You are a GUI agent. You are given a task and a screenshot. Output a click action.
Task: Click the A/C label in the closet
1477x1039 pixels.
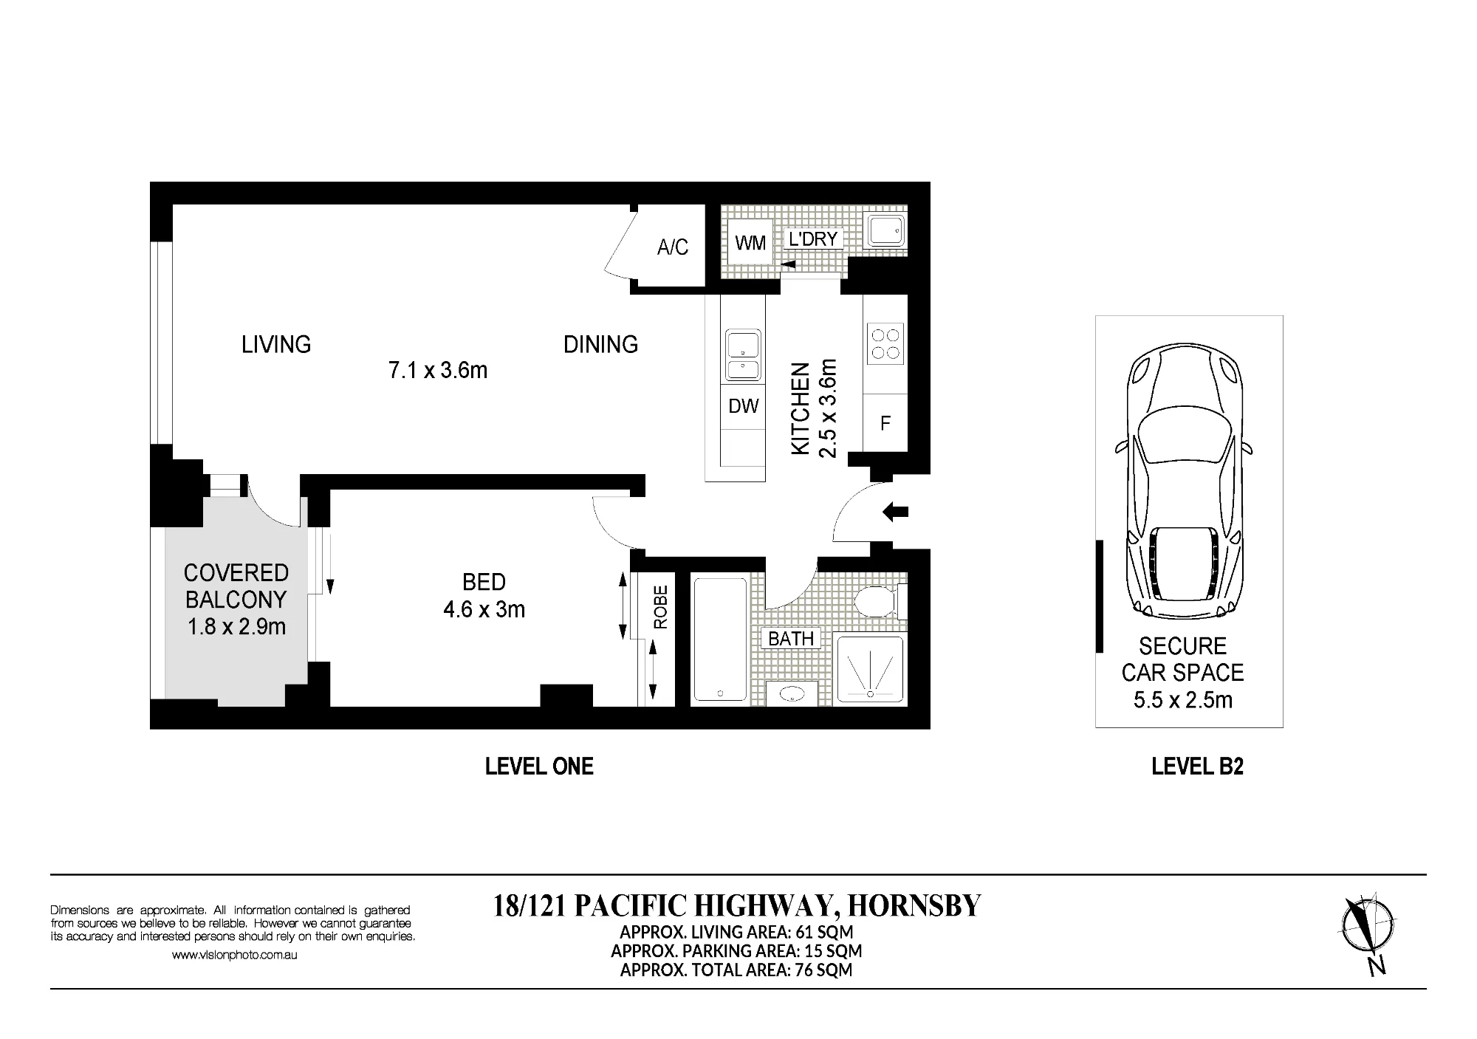[672, 247]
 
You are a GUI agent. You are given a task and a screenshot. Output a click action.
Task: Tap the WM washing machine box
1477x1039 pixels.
[750, 242]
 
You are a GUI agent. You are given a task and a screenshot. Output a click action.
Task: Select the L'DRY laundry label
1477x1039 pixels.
[812, 239]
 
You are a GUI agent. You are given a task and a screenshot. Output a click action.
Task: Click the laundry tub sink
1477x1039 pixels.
[885, 230]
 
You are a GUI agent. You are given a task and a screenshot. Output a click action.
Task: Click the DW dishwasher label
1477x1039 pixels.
[743, 406]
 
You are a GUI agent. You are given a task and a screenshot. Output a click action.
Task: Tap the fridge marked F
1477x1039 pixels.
[885, 422]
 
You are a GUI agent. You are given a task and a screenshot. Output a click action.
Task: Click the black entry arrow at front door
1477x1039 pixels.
[895, 511]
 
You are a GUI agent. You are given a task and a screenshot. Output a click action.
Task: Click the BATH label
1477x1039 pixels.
[791, 639]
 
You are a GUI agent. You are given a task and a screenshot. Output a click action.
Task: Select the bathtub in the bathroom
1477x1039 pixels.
[720, 639]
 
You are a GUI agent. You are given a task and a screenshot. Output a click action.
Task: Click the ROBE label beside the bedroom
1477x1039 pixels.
[660, 607]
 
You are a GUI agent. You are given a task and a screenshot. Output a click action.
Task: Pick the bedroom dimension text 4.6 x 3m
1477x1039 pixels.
[484, 610]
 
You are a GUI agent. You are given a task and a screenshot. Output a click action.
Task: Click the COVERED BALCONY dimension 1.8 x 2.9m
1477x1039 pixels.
[236, 627]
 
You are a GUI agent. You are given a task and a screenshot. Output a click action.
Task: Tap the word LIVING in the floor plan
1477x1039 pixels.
[276, 344]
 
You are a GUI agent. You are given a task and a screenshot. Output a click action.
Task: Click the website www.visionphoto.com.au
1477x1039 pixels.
[234, 955]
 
